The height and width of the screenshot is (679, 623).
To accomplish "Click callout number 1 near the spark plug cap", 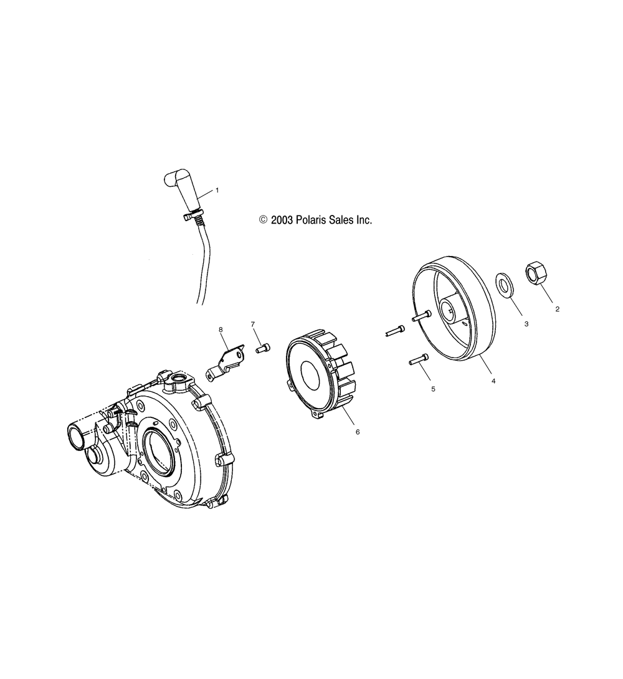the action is click(217, 190).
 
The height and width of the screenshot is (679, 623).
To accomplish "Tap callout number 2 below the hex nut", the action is click(557, 309).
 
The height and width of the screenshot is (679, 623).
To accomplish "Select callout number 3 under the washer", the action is click(526, 324).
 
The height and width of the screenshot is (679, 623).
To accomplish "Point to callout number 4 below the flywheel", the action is click(493, 381).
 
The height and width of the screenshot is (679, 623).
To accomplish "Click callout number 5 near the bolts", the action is click(434, 389).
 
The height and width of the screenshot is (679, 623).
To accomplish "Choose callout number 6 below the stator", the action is click(358, 432).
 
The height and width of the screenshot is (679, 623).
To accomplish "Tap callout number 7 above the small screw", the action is click(253, 324).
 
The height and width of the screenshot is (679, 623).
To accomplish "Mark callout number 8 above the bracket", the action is click(221, 330).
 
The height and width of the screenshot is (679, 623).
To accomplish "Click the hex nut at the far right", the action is click(536, 273).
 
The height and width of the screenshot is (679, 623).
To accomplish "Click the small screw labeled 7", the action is click(263, 348).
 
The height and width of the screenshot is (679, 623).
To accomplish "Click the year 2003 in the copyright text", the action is click(282, 220).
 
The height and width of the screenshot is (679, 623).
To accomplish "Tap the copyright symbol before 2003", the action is click(264, 220).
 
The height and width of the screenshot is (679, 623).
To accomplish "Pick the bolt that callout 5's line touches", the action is click(419, 359).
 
